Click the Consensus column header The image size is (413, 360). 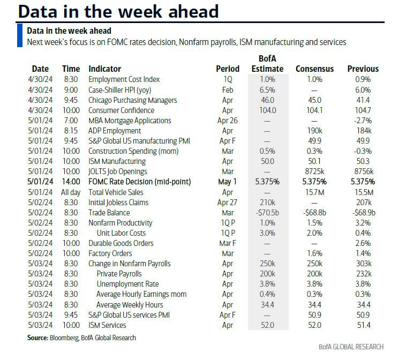coord(314,69)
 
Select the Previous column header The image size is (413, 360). coord(363,69)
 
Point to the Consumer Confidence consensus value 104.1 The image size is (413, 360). coord(314,110)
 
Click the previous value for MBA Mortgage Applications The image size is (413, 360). coord(363,121)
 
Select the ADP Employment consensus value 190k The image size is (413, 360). coord(314,131)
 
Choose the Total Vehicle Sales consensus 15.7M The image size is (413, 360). coord(314,192)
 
